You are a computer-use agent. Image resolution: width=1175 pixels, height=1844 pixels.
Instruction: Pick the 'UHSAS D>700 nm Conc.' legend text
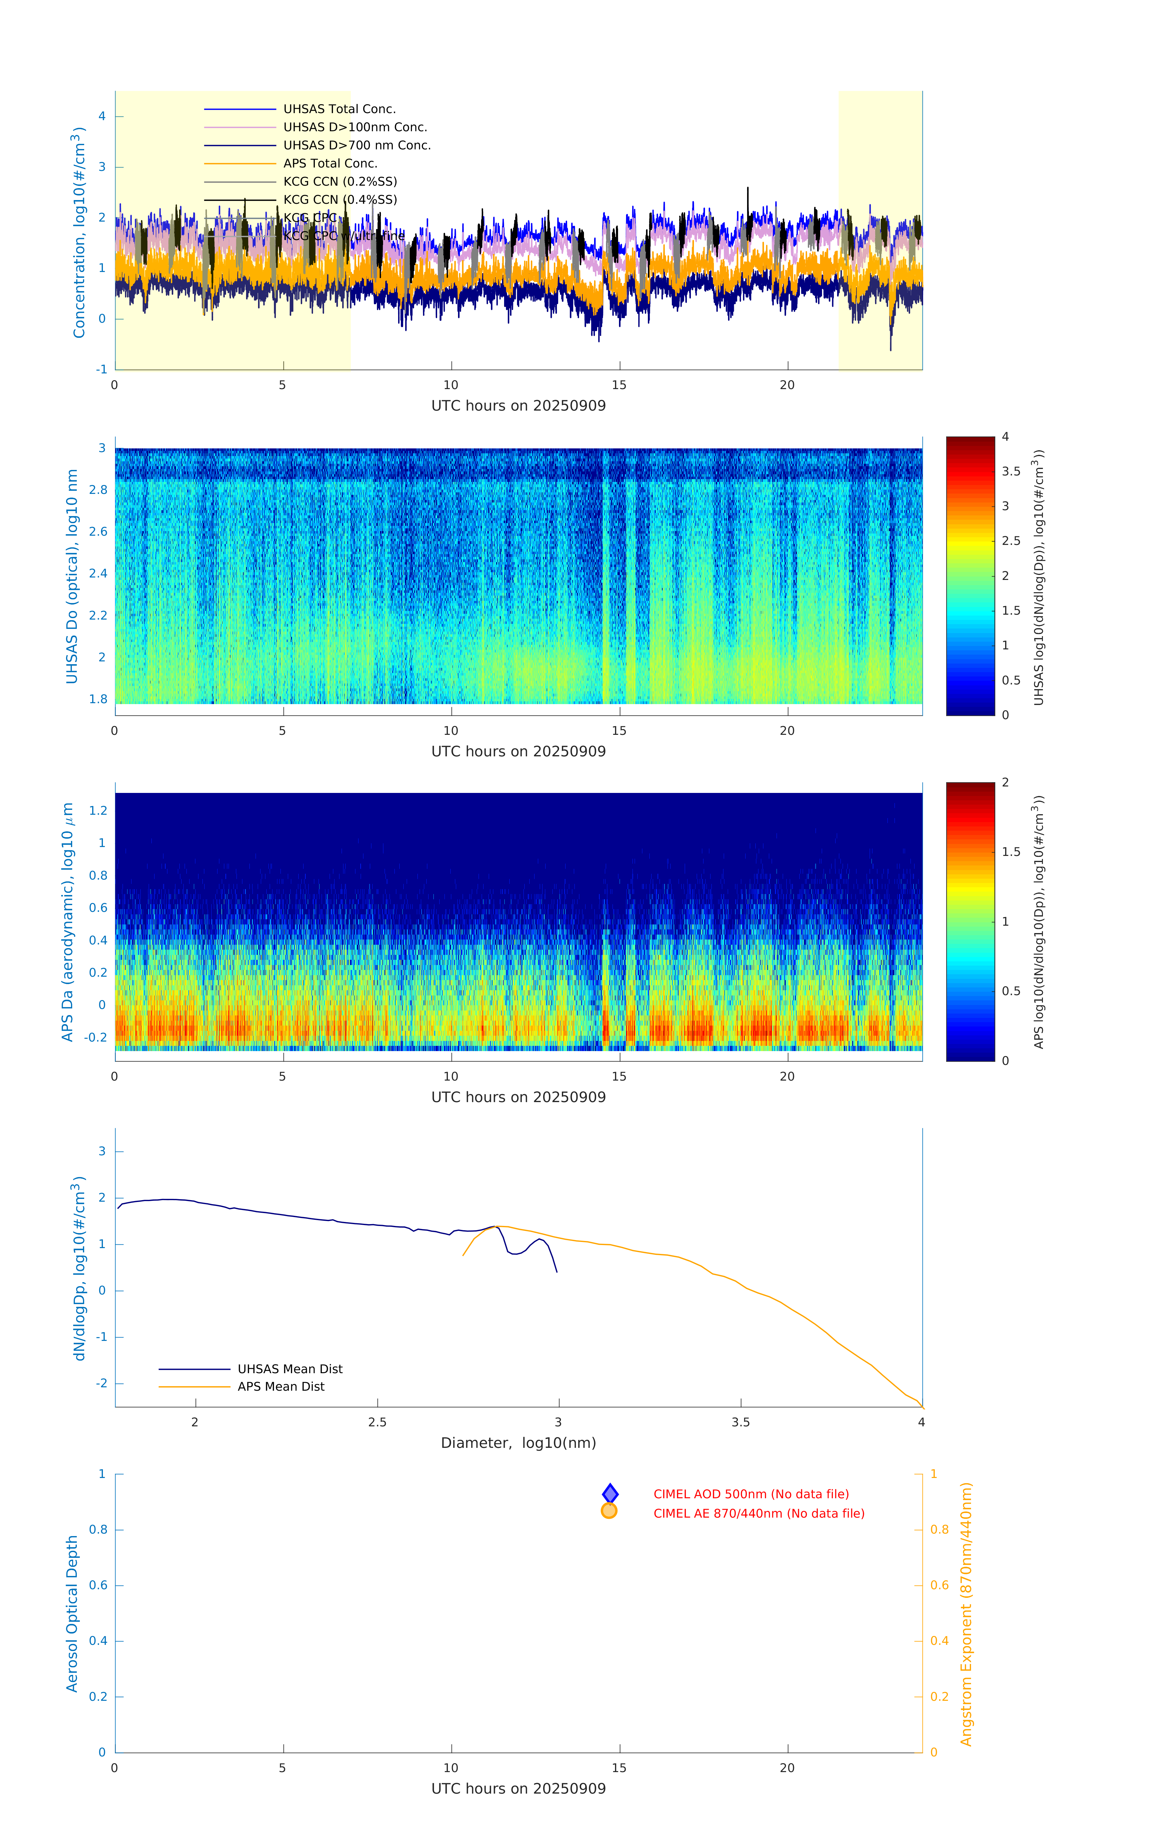(x=357, y=145)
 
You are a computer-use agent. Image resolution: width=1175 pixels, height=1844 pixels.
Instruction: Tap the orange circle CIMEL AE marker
(x=609, y=1511)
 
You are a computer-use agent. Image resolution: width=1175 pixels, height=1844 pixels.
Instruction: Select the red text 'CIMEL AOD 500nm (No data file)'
(x=751, y=1494)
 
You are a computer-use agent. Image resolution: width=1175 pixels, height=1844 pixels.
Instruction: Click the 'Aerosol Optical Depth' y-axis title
(x=72, y=1613)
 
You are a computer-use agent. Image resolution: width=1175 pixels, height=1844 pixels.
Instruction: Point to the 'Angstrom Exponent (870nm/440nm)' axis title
(x=966, y=1613)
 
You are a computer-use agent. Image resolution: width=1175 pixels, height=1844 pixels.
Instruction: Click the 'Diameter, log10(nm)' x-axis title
(x=518, y=1443)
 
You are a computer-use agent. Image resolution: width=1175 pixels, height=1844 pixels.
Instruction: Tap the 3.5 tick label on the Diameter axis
(x=740, y=1422)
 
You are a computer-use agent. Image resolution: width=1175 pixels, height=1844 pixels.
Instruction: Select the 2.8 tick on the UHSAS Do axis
(x=98, y=490)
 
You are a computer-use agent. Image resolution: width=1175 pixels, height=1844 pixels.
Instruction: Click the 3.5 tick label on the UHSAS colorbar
(x=1011, y=472)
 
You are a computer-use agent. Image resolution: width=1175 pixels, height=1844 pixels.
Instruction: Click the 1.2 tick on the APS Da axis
(x=98, y=811)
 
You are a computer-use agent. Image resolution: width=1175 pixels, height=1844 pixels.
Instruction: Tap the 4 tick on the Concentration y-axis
(x=102, y=116)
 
